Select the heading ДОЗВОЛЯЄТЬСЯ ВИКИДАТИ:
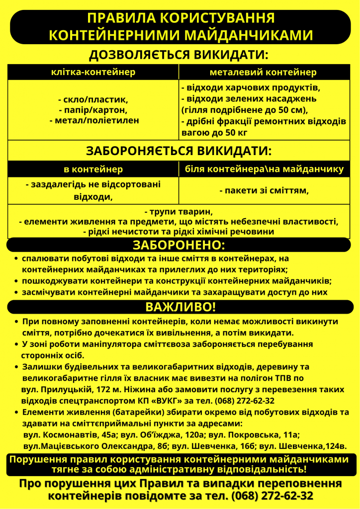[x=179, y=55]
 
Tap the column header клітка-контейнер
[x=93, y=73]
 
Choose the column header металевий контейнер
[x=263, y=73]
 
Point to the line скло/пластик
[x=93, y=99]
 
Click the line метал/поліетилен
[x=93, y=120]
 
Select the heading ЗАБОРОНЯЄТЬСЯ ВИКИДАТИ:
[x=179, y=151]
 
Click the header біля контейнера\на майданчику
[x=264, y=170]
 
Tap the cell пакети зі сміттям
[x=264, y=190]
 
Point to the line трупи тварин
[x=179, y=211]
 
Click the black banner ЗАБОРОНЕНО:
[x=179, y=245]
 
